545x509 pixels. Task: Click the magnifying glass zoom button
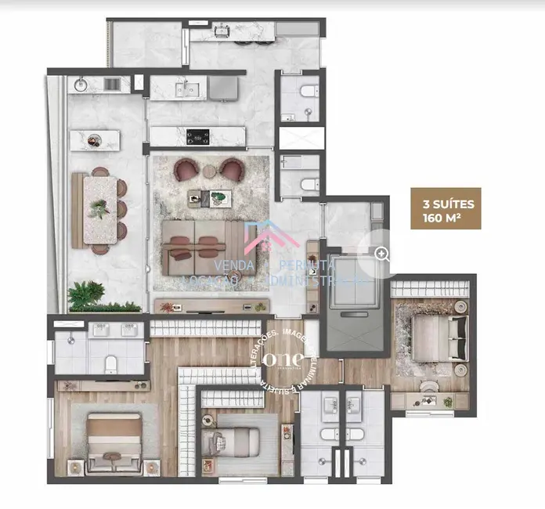pos(381,253)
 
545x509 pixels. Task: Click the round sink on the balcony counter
pos(81,83)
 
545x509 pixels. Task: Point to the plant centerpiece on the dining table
pos(99,208)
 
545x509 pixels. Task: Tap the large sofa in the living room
pos(200,246)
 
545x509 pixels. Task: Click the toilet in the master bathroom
pos(111,363)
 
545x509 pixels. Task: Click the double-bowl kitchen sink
pos(188,88)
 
